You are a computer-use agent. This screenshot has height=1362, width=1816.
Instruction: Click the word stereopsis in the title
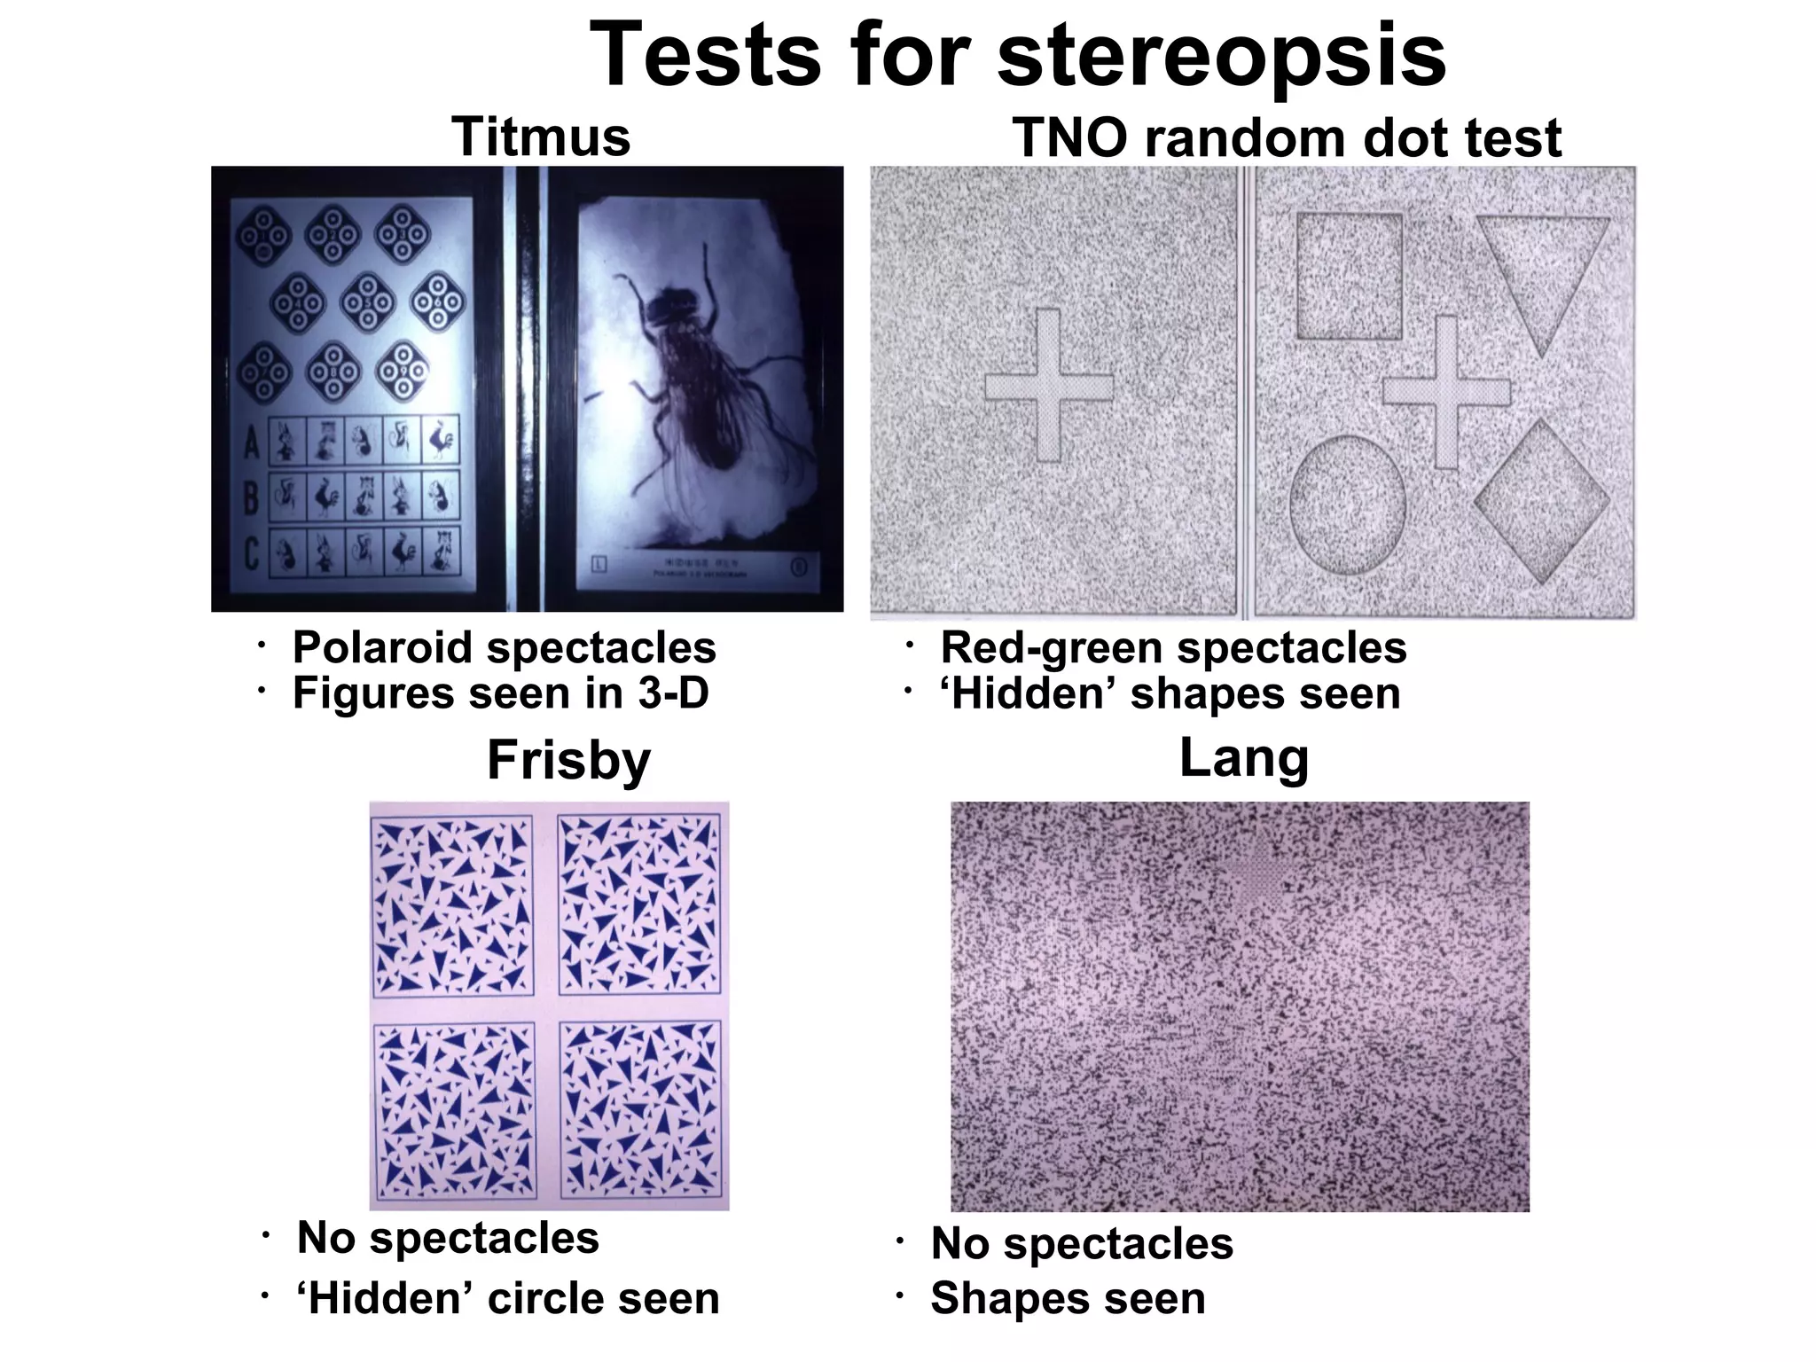1222,55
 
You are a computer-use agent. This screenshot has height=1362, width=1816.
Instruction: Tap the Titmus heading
541,137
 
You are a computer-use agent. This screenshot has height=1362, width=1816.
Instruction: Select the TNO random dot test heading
1287,138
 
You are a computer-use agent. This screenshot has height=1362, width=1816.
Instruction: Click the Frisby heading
568,760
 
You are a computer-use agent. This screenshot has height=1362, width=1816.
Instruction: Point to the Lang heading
1243,758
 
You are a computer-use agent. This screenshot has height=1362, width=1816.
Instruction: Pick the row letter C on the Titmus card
252,554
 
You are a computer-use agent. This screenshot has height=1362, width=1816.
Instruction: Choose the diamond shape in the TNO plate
1542,501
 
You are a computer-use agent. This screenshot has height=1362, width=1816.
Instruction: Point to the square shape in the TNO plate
1350,276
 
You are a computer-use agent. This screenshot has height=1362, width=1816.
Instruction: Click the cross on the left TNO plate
1049,386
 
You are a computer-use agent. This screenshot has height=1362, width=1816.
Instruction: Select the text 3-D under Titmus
673,693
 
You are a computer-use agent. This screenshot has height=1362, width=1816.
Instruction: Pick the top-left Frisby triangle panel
453,905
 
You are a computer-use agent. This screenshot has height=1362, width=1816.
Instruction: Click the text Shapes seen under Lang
1068,1298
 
